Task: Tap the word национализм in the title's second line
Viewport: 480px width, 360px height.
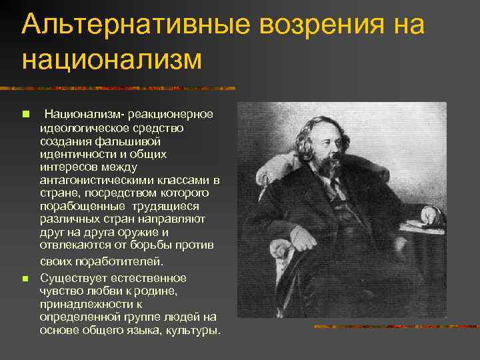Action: click(111, 59)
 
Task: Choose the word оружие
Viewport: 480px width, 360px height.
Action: click(138, 233)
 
